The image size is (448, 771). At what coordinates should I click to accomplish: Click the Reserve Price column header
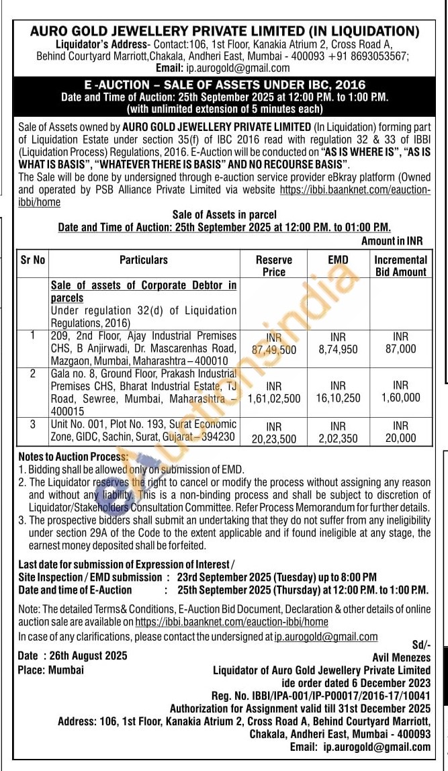coord(274,265)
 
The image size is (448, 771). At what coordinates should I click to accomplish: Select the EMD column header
coord(338,259)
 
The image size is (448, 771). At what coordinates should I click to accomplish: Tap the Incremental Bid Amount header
coord(400,265)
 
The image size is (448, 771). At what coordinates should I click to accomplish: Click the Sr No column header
coord(32,259)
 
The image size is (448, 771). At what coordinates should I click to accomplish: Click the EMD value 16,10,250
coord(338,398)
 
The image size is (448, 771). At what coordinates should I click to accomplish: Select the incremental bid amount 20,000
coord(400,437)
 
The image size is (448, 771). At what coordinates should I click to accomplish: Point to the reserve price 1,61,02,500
coord(274,398)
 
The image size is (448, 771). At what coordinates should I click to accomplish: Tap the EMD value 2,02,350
coord(338,437)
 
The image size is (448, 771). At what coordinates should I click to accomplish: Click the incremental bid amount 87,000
coord(400,349)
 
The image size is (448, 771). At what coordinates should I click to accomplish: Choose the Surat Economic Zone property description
coord(143,430)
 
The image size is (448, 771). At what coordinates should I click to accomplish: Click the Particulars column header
coord(144,259)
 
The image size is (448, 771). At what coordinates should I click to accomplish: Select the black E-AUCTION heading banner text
coord(224,85)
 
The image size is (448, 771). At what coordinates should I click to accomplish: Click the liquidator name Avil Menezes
coord(401,657)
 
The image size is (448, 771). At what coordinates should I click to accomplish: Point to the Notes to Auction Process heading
coord(73,457)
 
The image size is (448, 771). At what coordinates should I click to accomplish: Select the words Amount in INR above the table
coord(392,241)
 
